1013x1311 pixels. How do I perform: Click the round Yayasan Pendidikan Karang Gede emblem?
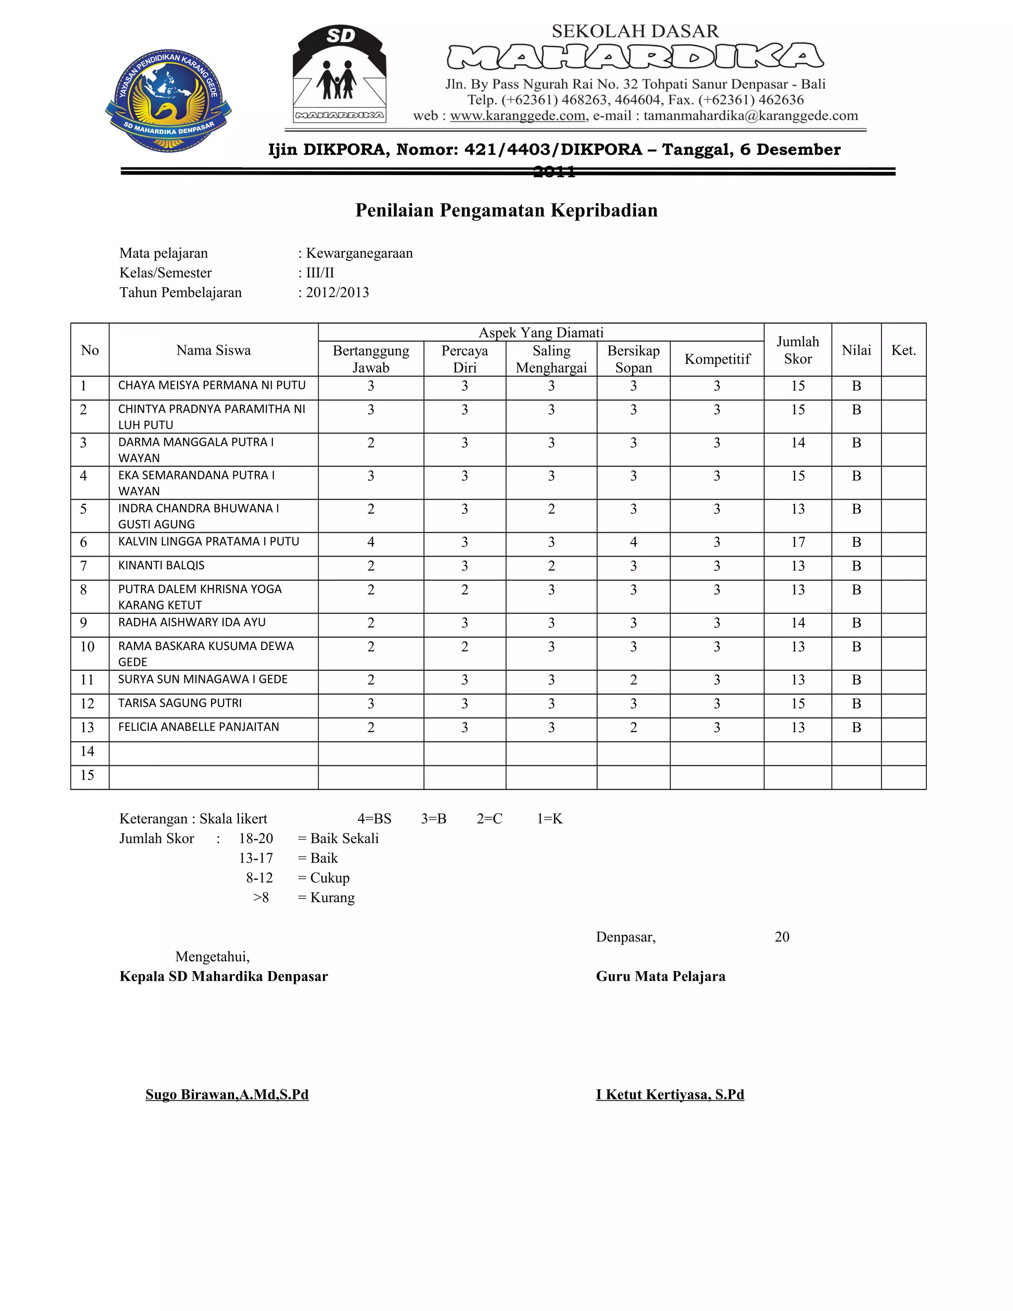pyautogui.click(x=169, y=100)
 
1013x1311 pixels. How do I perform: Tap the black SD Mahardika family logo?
pyautogui.click(x=340, y=74)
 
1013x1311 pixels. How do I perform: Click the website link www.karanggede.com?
pyautogui.click(x=518, y=116)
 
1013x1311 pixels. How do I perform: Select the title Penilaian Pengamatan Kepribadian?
pyautogui.click(x=506, y=210)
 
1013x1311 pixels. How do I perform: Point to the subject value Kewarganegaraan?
pyautogui.click(x=359, y=253)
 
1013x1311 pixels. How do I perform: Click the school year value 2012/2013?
pyautogui.click(x=337, y=292)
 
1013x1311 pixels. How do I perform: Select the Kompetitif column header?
pyautogui.click(x=717, y=359)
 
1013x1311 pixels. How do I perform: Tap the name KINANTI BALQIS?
pyautogui.click(x=161, y=565)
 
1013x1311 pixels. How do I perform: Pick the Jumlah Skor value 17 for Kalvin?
pyautogui.click(x=797, y=542)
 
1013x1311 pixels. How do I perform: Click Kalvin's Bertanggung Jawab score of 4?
pyautogui.click(x=371, y=542)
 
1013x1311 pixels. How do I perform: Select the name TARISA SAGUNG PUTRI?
pyautogui.click(x=180, y=703)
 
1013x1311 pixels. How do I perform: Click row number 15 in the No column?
pyautogui.click(x=88, y=775)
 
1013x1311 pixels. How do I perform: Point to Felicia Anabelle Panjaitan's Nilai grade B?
pyautogui.click(x=856, y=728)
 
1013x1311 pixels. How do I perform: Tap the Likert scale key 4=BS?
pyautogui.click(x=374, y=819)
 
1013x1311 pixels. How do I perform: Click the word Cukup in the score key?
pyautogui.click(x=329, y=878)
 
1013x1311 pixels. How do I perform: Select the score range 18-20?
pyautogui.click(x=256, y=839)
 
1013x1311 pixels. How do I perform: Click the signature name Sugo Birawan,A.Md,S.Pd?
pyautogui.click(x=227, y=1094)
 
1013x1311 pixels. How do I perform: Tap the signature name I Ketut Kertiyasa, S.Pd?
pyautogui.click(x=670, y=1094)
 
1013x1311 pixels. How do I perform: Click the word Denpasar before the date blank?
pyautogui.click(x=625, y=937)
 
